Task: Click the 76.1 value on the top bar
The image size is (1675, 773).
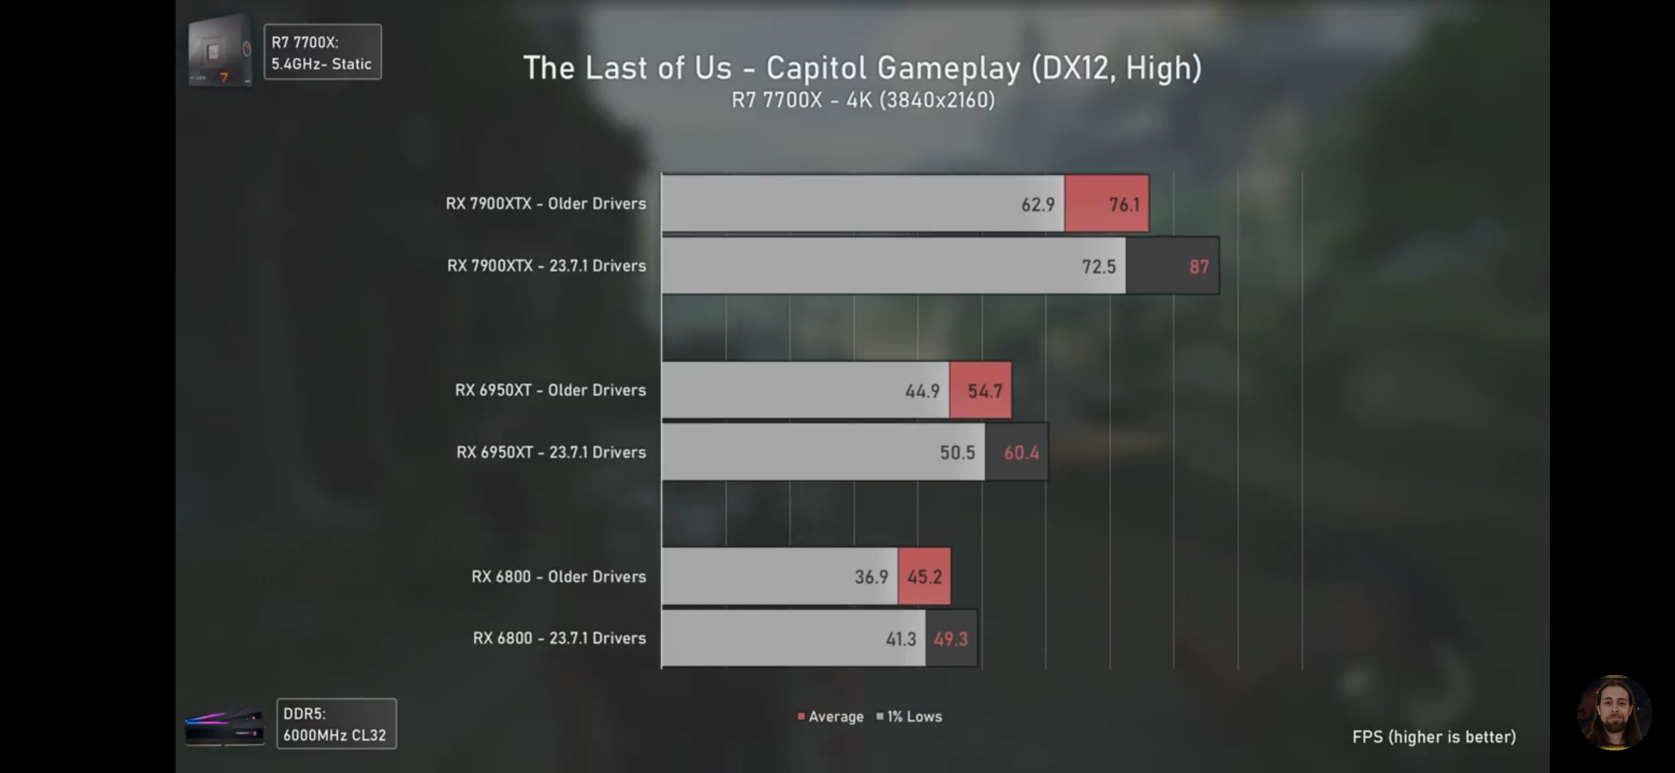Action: pos(1124,205)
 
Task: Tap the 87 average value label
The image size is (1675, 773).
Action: pos(1198,267)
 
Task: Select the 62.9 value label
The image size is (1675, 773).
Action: pos(1037,205)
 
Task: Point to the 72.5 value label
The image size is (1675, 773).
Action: pos(1098,267)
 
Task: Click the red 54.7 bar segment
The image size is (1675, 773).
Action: pos(980,391)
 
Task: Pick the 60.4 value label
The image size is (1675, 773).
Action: pos(1021,453)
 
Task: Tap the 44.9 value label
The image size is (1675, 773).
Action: pos(922,391)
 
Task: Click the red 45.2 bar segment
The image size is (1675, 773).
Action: pos(924,577)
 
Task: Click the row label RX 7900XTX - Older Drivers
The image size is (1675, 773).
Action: pos(545,203)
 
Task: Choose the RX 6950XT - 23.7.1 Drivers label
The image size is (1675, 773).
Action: pos(551,452)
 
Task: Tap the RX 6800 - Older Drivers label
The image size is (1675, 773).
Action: pos(558,576)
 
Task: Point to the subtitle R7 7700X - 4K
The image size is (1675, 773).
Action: pos(863,100)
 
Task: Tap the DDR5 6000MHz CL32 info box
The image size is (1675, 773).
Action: pos(336,724)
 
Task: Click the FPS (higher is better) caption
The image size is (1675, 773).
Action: pos(1434,736)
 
